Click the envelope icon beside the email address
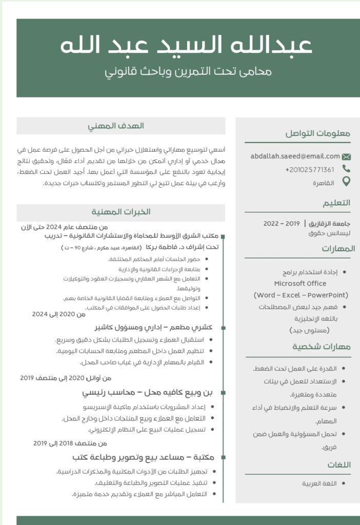(346, 157)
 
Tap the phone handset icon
(346, 169)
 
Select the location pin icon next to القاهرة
(346, 181)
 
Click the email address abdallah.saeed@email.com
(295, 156)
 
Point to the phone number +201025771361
(310, 170)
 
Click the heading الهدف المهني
(121, 126)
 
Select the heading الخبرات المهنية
(121, 212)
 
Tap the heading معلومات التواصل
(318, 134)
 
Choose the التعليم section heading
(336, 203)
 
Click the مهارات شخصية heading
(322, 347)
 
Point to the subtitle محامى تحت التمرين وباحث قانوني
(188, 71)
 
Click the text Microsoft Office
(300, 284)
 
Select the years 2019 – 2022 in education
(281, 224)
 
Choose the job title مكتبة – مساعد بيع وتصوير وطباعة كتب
(143, 456)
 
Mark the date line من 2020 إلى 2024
(59, 314)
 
